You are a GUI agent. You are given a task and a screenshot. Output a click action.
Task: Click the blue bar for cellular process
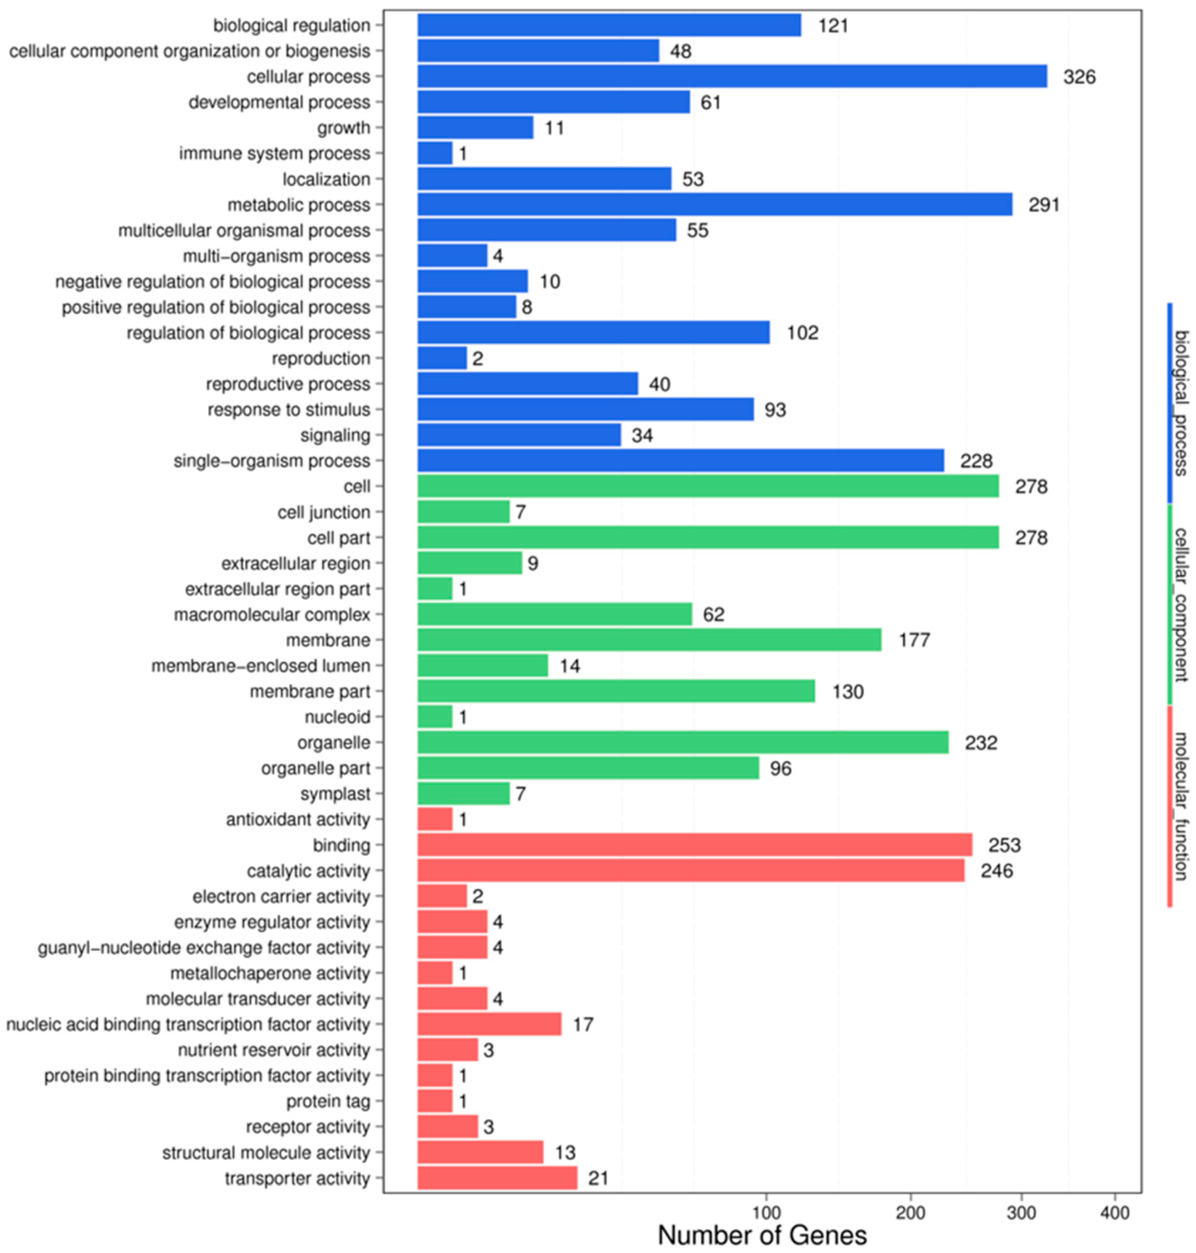tap(732, 76)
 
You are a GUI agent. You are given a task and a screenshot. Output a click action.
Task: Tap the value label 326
tap(1079, 77)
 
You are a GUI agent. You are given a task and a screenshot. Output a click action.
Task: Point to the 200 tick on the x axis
tap(910, 1212)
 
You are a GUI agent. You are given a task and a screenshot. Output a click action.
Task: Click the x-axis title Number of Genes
tap(762, 1235)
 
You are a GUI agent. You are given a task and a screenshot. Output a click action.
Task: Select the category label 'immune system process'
tap(274, 154)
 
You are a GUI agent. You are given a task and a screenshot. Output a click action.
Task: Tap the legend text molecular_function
tap(1181, 805)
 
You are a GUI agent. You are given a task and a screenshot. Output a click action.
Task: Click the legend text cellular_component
tap(1181, 604)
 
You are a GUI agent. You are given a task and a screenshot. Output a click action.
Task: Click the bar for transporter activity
tap(497, 1178)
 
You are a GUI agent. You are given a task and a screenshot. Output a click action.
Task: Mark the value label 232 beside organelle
tap(981, 743)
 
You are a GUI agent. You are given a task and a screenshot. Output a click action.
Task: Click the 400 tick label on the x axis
tap(1114, 1212)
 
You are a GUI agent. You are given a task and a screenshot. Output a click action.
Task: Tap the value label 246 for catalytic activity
tap(996, 871)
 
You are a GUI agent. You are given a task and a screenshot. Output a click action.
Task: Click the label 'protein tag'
tap(328, 1101)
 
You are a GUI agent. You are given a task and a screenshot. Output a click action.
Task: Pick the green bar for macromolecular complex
tap(555, 614)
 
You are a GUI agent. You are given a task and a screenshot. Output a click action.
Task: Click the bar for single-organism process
tap(680, 461)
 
